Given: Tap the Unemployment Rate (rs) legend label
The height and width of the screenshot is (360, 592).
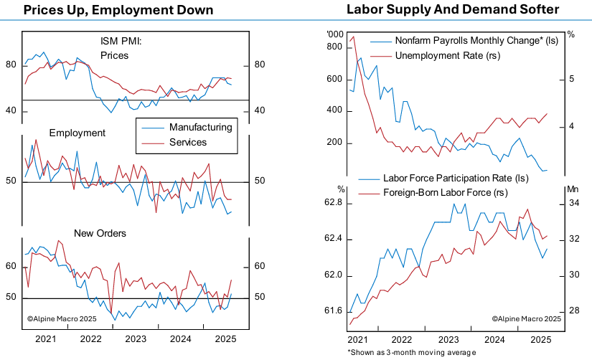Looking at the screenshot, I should click(x=438, y=55).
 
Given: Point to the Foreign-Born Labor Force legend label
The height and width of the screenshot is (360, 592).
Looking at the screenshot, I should click(x=444, y=192).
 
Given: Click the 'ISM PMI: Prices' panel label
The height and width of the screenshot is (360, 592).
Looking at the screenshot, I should click(x=121, y=47).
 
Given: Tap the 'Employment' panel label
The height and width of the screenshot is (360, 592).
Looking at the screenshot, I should click(x=77, y=133).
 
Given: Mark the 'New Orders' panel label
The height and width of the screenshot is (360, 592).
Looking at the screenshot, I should click(x=100, y=233).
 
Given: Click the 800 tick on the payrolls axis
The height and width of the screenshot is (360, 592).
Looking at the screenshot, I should click(x=335, y=47).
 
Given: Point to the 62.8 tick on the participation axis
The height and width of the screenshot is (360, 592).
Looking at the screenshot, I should click(x=334, y=204).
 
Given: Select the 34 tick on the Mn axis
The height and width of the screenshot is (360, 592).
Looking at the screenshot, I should click(x=575, y=204).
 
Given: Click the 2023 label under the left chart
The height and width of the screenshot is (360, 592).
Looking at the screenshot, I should click(x=135, y=338).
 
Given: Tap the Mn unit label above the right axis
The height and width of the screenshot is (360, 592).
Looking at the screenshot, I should click(x=572, y=189).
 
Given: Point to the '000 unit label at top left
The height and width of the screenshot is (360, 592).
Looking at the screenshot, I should click(x=335, y=34).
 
